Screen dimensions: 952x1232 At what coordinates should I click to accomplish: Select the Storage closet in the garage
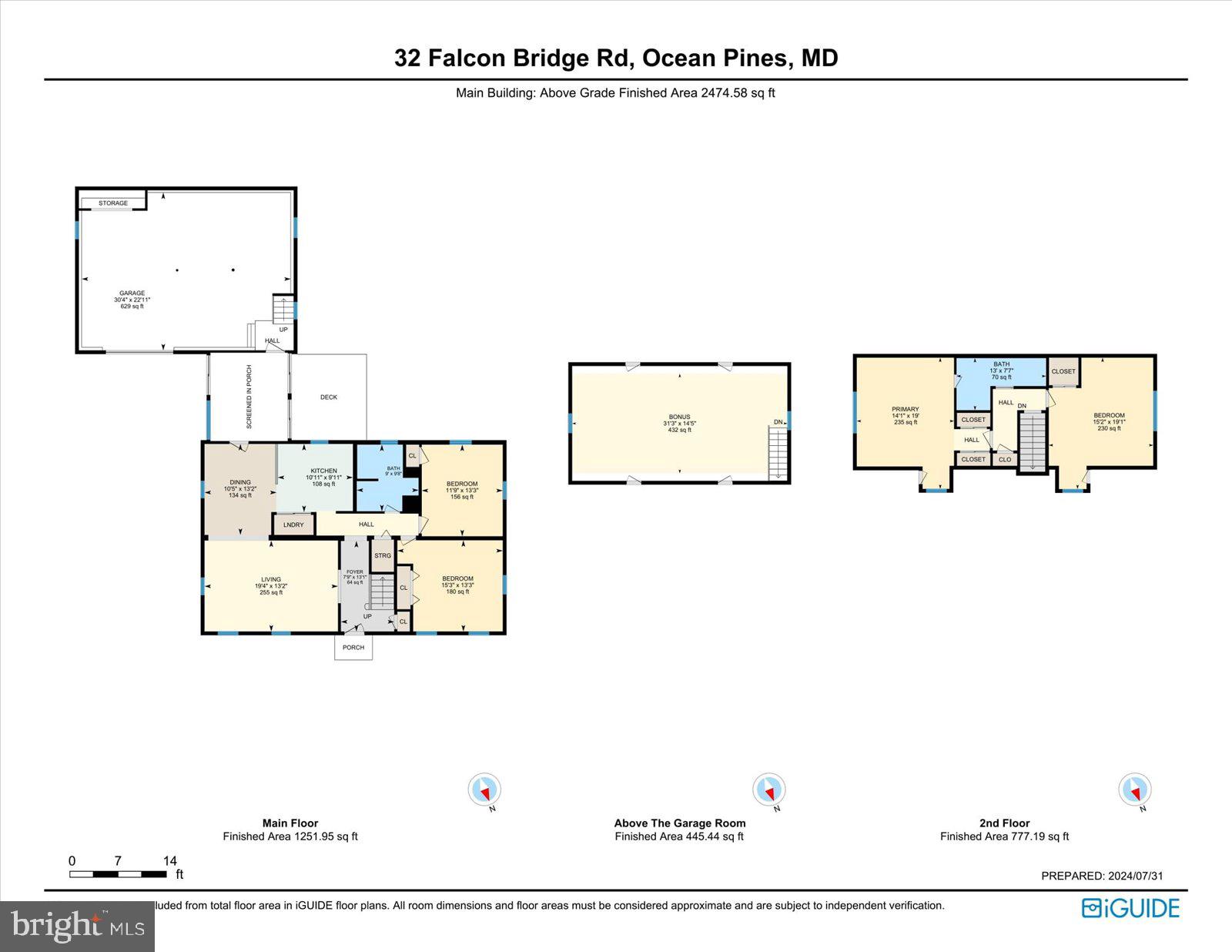113,203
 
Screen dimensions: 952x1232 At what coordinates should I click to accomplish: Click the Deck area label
329,397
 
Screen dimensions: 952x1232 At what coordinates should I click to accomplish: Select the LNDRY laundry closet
293,525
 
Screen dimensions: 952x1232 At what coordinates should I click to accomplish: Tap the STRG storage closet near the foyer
383,555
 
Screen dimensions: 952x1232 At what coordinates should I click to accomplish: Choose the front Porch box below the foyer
353,647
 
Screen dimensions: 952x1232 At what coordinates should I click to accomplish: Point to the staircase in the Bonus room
778,454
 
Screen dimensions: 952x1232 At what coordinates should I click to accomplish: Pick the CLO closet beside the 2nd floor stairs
1005,459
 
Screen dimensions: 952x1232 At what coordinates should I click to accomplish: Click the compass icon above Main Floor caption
484,789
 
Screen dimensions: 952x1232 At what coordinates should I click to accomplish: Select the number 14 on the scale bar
169,860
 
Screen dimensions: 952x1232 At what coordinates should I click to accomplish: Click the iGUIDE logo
1130,908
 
